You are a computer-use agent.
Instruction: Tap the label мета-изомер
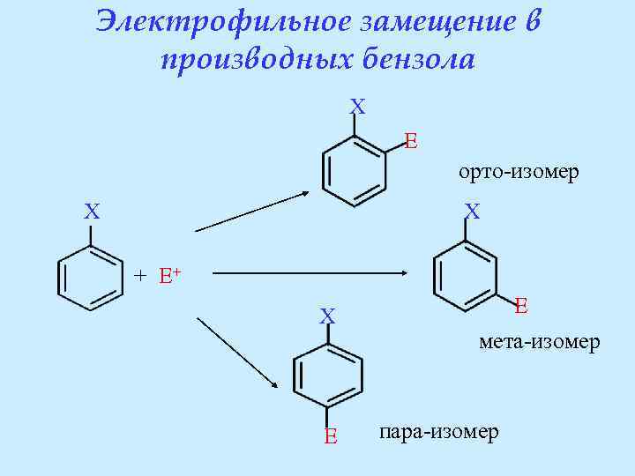(540, 341)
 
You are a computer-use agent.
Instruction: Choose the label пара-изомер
(438, 432)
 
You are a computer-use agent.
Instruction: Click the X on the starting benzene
(92, 212)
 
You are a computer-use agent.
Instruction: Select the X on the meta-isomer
(473, 212)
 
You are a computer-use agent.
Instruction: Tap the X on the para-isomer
(327, 316)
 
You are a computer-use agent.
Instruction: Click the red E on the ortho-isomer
(411, 140)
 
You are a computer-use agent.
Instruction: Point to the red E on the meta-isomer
(521, 306)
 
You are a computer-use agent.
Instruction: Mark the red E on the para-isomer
(330, 435)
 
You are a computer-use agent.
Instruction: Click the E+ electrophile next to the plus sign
(169, 275)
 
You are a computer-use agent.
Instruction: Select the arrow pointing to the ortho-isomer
(252, 212)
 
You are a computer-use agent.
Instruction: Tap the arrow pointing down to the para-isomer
(238, 353)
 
